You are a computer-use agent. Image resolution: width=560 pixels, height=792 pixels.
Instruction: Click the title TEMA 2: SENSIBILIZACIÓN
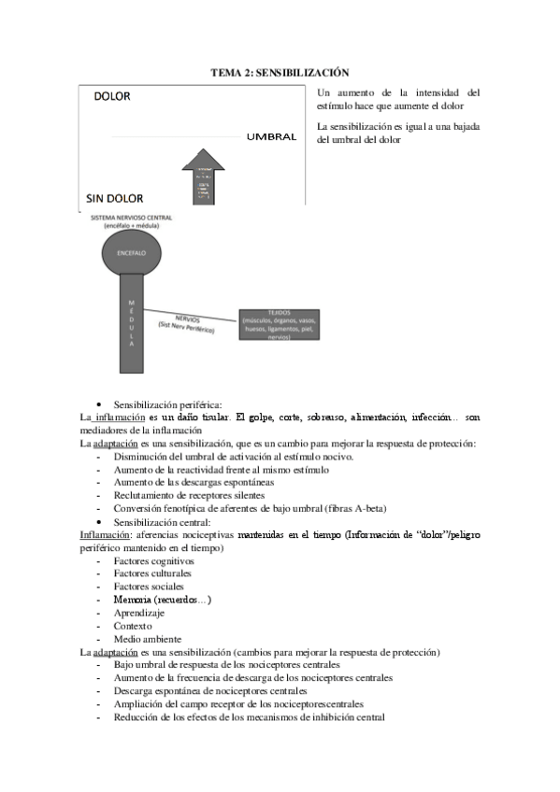pyautogui.click(x=280, y=72)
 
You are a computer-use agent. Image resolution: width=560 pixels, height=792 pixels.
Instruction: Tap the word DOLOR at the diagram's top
pyautogui.click(x=112, y=96)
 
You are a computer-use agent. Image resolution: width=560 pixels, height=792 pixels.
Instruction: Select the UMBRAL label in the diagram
pyautogui.click(x=271, y=137)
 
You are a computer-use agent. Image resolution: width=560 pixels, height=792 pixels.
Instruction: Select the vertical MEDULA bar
pyautogui.click(x=132, y=323)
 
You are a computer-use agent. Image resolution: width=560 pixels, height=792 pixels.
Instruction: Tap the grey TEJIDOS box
pyautogui.click(x=284, y=323)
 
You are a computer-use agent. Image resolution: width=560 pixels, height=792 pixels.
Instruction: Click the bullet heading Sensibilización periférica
pyautogui.click(x=167, y=403)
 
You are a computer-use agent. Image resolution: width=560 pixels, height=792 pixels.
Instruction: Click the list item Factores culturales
pyautogui.click(x=152, y=573)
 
